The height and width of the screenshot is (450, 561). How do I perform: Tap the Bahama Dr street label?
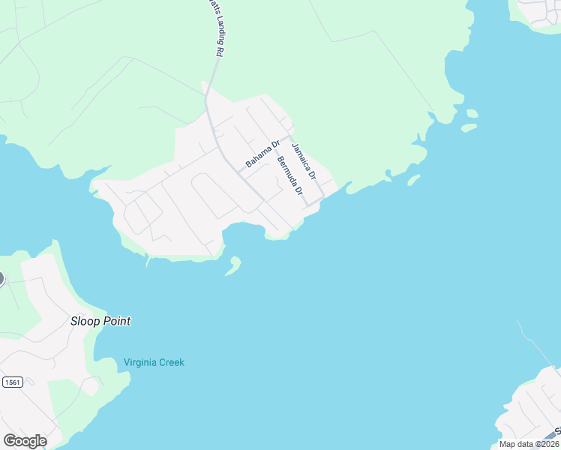click(262, 154)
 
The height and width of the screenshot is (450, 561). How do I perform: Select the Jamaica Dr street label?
click(304, 160)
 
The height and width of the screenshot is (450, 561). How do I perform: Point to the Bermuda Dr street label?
click(289, 176)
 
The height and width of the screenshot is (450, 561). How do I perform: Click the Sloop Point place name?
click(100, 321)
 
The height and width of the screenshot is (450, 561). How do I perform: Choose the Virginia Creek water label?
click(154, 363)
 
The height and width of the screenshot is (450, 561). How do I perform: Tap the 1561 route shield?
click(12, 382)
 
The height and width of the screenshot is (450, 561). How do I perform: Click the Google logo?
click(25, 441)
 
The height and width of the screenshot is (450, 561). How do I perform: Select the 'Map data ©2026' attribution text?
click(529, 444)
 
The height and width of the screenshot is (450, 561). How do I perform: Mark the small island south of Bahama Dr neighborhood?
click(234, 265)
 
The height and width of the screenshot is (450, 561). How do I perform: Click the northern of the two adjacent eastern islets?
click(471, 114)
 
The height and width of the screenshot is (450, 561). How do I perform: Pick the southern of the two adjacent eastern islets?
click(469, 127)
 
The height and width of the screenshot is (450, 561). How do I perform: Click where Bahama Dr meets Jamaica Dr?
click(286, 138)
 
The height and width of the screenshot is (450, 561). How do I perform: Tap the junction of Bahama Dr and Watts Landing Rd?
click(239, 173)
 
